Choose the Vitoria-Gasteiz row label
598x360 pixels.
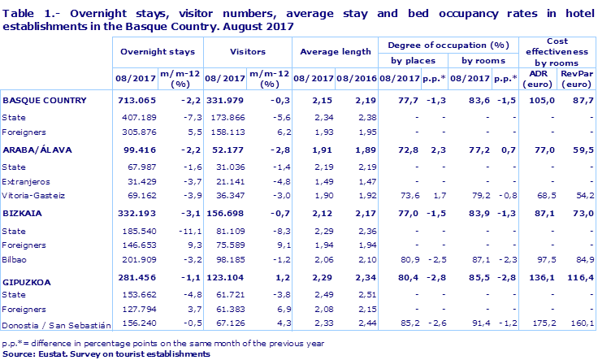point(33,196)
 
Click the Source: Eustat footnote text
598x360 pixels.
point(106,353)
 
